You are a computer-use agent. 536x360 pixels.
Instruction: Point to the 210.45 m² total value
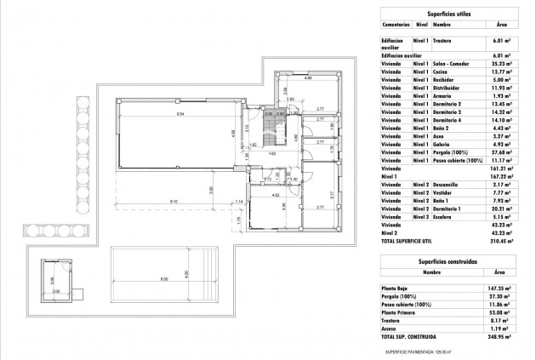click(501, 240)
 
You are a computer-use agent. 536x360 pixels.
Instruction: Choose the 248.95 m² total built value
click(501, 337)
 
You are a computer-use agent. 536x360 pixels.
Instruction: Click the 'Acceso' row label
click(389, 328)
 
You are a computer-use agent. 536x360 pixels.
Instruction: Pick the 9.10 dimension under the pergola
click(174, 201)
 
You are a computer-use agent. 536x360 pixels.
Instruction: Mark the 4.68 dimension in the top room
click(307, 78)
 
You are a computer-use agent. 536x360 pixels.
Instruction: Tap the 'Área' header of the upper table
click(501, 26)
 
